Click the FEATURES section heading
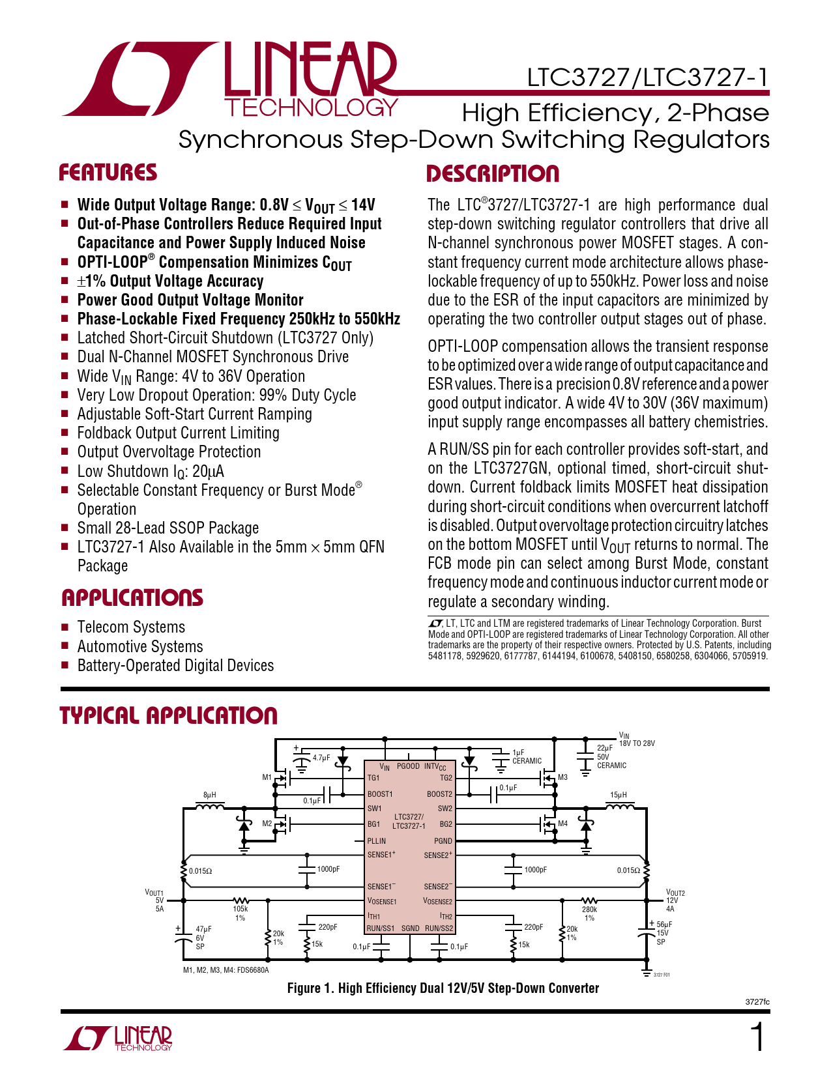(x=108, y=173)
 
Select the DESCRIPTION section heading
(x=493, y=174)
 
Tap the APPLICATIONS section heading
(x=132, y=598)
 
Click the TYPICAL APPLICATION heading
(x=169, y=715)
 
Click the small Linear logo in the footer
(x=118, y=1038)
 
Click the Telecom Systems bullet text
(x=131, y=627)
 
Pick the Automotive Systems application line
(x=140, y=647)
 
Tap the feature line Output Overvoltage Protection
(x=169, y=452)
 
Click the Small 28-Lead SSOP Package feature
(x=168, y=528)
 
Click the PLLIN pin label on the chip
(x=377, y=841)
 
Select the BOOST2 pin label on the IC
(x=439, y=794)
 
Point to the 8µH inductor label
(x=210, y=795)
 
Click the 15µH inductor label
(x=619, y=795)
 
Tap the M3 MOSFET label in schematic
(x=562, y=777)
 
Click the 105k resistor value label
(x=241, y=909)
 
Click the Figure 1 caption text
(x=443, y=988)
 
